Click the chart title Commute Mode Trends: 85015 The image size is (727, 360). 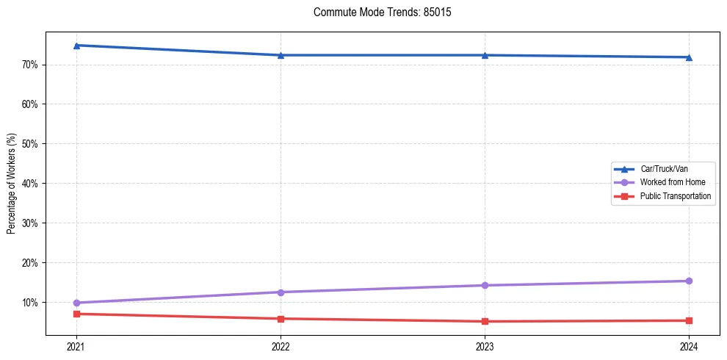[x=377, y=12]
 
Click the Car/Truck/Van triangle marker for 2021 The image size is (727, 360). [x=76, y=46]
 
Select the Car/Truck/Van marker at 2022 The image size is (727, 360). [x=281, y=55]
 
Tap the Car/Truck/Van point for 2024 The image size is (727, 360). [x=689, y=57]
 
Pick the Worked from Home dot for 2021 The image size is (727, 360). [x=76, y=303]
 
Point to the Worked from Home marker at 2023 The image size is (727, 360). [x=485, y=285]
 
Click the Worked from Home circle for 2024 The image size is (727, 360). [x=689, y=281]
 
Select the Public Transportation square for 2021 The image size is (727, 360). [x=76, y=314]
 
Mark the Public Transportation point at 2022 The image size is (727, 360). [x=281, y=319]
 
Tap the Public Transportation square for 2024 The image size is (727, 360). [x=689, y=320]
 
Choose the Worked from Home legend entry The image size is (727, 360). [x=672, y=182]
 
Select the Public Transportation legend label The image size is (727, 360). [x=675, y=196]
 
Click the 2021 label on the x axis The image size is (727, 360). [x=76, y=346]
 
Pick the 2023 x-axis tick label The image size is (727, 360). [x=485, y=346]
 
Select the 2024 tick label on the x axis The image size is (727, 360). [x=689, y=346]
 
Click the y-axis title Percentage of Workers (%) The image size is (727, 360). [x=12, y=184]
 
